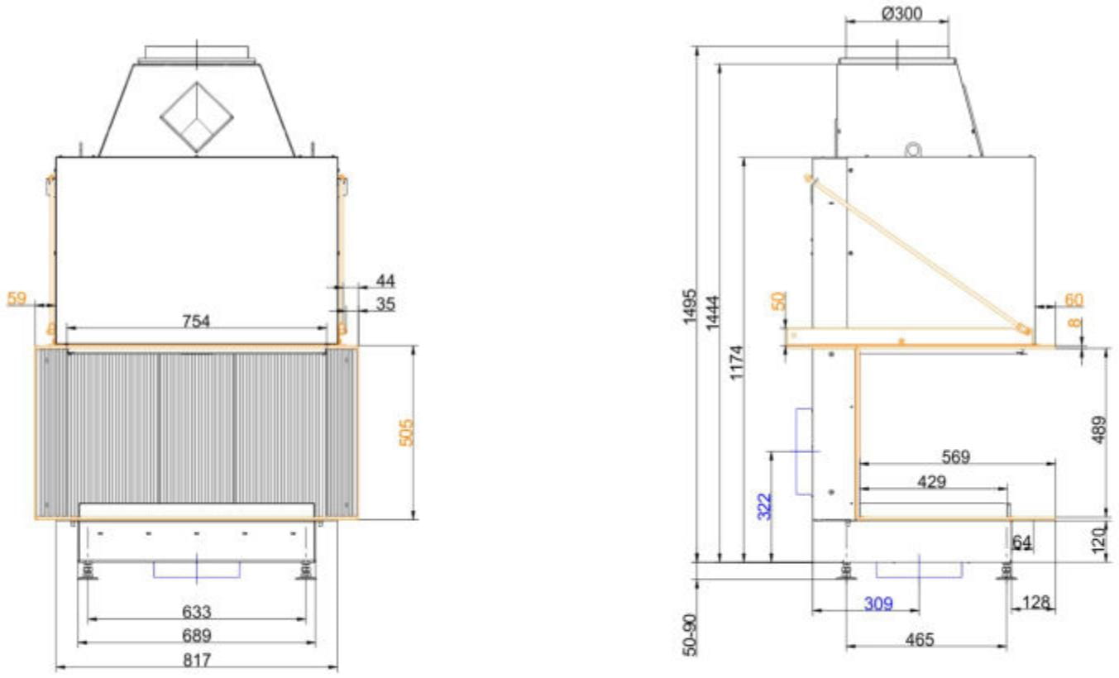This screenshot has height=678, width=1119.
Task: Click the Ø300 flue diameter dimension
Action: pos(902,13)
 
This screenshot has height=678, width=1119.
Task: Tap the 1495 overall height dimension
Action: pos(690,307)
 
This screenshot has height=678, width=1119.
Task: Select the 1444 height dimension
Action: pos(714,313)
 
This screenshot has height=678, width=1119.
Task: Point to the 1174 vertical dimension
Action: pos(737,362)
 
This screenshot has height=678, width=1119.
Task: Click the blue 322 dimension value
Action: pos(764,506)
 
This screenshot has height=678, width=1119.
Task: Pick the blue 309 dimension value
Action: pos(878,604)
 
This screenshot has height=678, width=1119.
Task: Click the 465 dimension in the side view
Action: pos(920,640)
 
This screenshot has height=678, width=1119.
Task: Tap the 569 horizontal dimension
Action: pos(955,456)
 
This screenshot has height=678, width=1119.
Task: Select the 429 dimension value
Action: pos(931,481)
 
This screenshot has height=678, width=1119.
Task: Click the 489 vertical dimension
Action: pos(1098,429)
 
